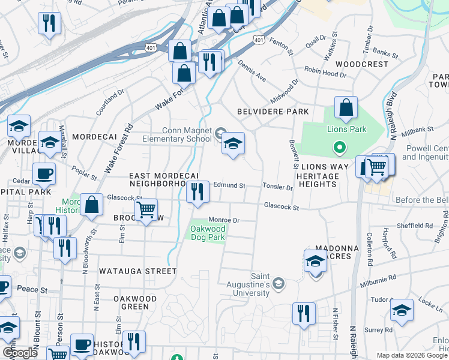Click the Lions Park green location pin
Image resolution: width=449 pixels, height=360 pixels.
point(339,147)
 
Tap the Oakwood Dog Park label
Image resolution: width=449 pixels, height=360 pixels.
point(208,233)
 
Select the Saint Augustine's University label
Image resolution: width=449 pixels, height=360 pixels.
point(252,284)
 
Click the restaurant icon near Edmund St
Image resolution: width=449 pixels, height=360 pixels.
point(197,192)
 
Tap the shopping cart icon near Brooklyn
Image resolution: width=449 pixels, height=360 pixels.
point(146,210)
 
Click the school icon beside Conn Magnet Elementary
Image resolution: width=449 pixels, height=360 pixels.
point(233,143)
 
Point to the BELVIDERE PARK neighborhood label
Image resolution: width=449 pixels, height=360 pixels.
point(273,112)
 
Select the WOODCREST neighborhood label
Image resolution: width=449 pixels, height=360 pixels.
point(362,64)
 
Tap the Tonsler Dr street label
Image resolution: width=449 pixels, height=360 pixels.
point(277,187)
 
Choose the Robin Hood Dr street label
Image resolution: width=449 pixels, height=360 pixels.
point(325,73)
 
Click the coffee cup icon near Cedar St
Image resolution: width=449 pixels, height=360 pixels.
point(44,174)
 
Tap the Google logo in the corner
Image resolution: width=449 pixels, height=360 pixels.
point(20,353)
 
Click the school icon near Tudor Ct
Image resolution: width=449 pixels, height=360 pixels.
point(402,310)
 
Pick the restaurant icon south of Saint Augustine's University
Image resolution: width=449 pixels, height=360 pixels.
point(304,313)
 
